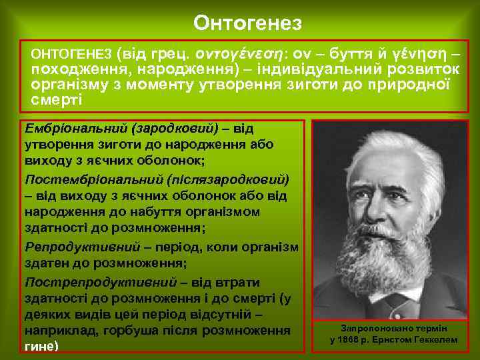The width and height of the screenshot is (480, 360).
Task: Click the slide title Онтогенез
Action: tap(247, 23)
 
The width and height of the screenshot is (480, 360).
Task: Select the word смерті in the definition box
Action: tap(56, 99)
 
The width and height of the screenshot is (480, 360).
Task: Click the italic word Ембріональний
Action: tap(74, 127)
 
